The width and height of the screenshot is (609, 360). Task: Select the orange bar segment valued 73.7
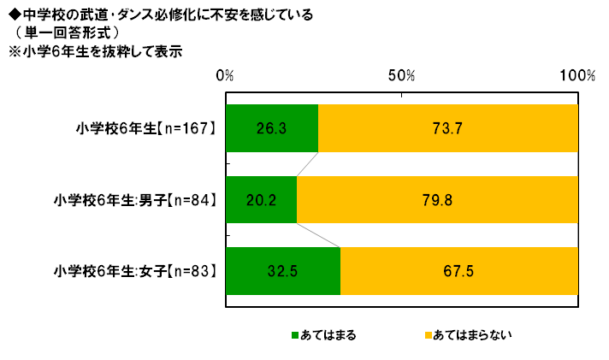pyautogui.click(x=447, y=128)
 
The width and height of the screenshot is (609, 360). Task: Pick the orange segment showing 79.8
pyautogui.click(x=437, y=200)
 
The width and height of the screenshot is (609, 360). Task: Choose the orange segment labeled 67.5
pyautogui.click(x=459, y=271)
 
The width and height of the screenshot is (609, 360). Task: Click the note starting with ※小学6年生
pyautogui.click(x=93, y=50)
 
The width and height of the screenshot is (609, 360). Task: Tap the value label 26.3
pyautogui.click(x=270, y=128)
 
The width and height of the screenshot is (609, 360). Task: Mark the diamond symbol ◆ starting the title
pyautogui.click(x=12, y=14)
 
